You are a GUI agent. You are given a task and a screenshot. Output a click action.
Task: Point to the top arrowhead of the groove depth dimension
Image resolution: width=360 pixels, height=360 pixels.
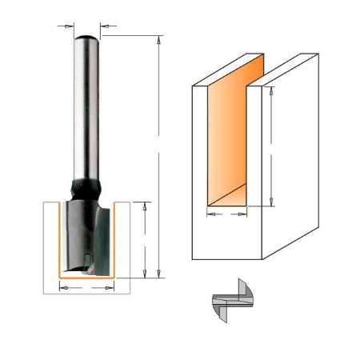click(x=273, y=90)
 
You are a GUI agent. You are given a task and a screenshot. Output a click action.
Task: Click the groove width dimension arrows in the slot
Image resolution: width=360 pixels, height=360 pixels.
click(x=226, y=214)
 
